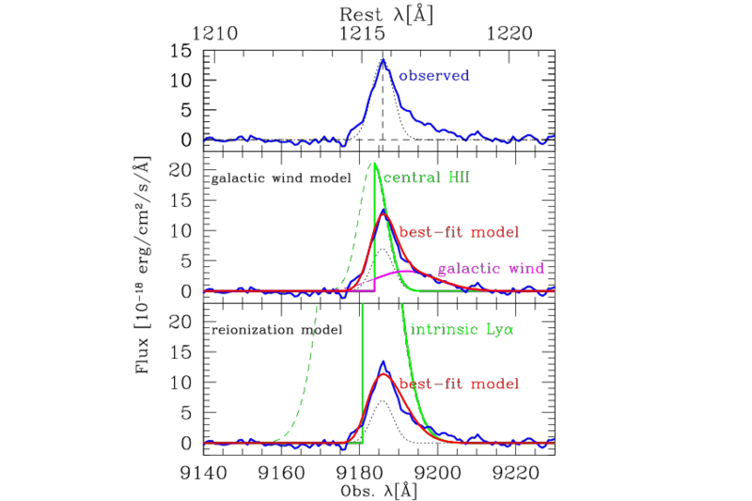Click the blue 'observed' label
(433, 74)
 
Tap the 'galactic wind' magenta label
(491, 269)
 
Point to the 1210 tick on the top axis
(214, 33)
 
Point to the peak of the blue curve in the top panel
(384, 60)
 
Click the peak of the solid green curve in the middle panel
(375, 164)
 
